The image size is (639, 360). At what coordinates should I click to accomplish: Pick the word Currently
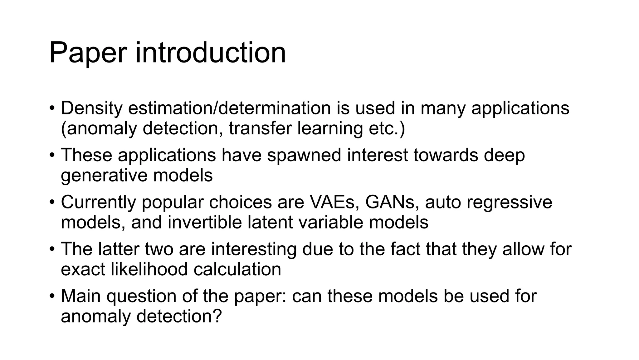[x=98, y=202]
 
